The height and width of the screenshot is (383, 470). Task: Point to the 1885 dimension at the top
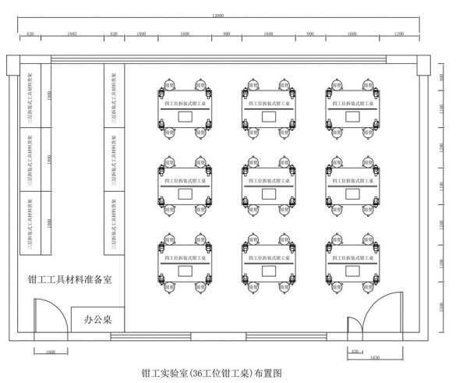[x=72, y=34]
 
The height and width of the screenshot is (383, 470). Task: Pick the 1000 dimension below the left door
[x=51, y=353]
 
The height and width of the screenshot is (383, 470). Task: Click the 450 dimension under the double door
[x=355, y=352]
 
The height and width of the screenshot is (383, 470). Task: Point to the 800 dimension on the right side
[x=441, y=77]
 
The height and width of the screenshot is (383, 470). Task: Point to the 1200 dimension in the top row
[x=399, y=34]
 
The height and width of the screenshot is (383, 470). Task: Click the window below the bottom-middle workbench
[x=274, y=337]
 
